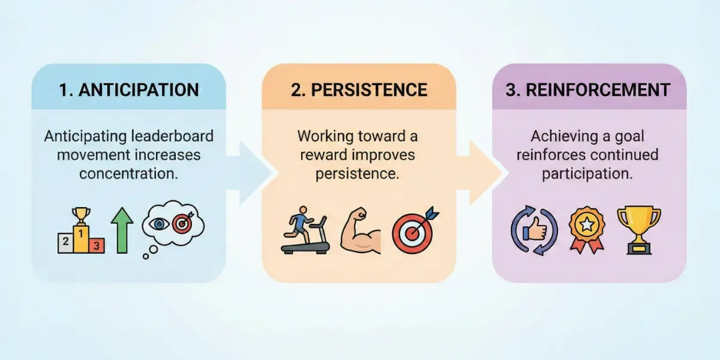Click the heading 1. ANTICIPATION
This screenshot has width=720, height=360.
pyautogui.click(x=128, y=90)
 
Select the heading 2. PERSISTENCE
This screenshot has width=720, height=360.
pyautogui.click(x=359, y=90)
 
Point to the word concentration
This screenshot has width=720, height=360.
pyautogui.click(x=128, y=174)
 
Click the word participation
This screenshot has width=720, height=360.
pyautogui.click(x=589, y=174)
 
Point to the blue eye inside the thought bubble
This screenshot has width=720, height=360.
pyautogui.click(x=158, y=224)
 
